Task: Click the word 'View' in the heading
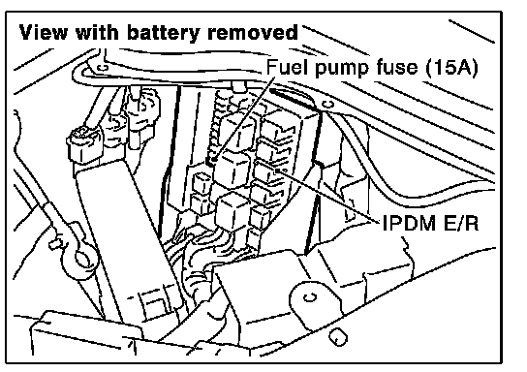(x=44, y=33)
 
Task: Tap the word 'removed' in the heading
(x=253, y=33)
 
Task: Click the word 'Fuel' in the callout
(x=287, y=67)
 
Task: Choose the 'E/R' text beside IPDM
(x=461, y=223)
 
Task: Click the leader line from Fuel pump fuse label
(x=242, y=118)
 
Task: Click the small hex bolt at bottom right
(x=337, y=336)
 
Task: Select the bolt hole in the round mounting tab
(x=310, y=297)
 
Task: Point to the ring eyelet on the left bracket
(x=81, y=259)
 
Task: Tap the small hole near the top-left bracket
(x=103, y=68)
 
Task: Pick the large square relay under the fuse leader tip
(x=232, y=170)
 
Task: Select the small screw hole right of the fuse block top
(x=328, y=105)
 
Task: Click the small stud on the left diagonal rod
(x=55, y=242)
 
